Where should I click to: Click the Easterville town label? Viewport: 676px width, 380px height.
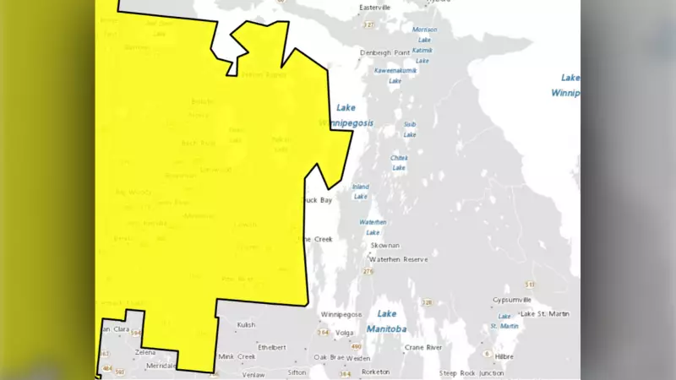[x=375, y=8]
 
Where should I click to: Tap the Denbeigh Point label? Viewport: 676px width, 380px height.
[x=384, y=52]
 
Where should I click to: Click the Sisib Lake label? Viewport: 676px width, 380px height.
[x=410, y=129]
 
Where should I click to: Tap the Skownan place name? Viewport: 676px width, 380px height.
[x=384, y=245]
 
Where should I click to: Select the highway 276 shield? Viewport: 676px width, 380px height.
[x=368, y=272]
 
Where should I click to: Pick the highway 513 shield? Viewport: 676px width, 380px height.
[x=530, y=285]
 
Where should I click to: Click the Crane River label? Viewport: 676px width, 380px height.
[x=424, y=347]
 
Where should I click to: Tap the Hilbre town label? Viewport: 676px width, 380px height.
[x=504, y=356]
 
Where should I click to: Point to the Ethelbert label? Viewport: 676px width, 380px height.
[x=272, y=347]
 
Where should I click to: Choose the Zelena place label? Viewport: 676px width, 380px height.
[x=145, y=351]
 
